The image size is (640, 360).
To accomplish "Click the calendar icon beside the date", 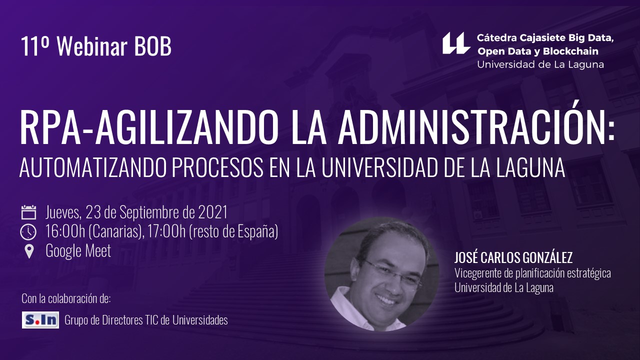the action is coord(28,212).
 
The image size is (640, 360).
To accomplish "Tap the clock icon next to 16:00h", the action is coord(28,231).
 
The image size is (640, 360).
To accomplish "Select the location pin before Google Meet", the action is coord(29,251).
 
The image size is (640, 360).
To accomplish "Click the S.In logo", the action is coord(40,320).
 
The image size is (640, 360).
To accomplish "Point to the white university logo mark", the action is coord(456,43).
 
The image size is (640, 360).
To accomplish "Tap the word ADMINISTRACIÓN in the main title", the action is coord(476,127).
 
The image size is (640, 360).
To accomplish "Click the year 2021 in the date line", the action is coord(212,212).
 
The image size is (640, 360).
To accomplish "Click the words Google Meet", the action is coord(78,251).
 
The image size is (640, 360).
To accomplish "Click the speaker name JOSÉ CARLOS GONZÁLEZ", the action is coord(513,257).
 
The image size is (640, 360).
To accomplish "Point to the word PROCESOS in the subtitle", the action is coord(217,167).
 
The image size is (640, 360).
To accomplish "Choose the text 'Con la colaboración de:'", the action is coord(66,299).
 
